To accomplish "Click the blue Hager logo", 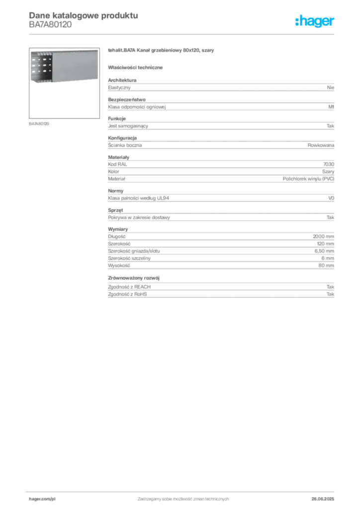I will tap(316, 22).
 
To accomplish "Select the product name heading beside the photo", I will tap(161, 51).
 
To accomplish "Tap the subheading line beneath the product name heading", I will tap(137, 67).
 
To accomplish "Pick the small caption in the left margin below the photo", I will tap(40, 123).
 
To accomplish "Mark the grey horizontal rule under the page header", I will tap(183, 34).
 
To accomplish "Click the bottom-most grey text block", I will tap(220, 288).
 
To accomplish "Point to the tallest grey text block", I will tap(220, 249).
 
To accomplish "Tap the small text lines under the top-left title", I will tap(50, 27).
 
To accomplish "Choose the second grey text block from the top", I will tap(220, 105).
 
